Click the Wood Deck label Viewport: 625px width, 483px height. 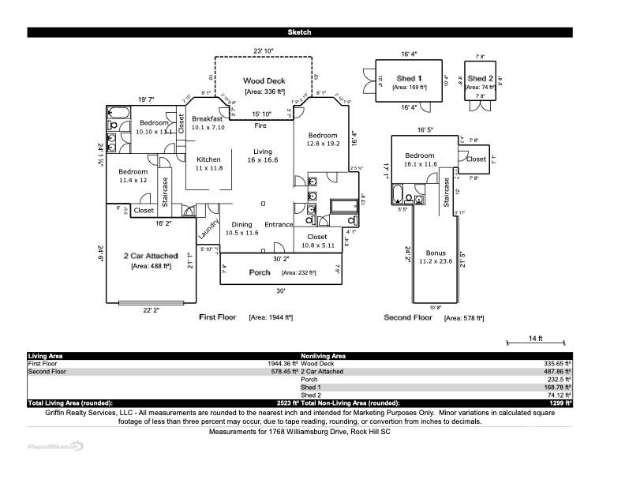(264, 81)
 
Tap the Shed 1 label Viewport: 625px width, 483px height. (409, 78)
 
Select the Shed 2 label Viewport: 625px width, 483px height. (480, 79)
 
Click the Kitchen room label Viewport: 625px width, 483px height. (208, 159)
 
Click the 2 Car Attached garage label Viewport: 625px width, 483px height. (151, 256)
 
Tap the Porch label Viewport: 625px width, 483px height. (260, 272)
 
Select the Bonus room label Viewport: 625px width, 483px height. (436, 253)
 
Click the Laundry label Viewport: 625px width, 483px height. (208, 229)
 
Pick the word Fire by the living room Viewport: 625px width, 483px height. (260, 126)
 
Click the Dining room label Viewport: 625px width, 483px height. (241, 225)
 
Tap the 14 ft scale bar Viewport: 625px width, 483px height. (536, 339)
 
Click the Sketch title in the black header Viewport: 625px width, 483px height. (299, 32)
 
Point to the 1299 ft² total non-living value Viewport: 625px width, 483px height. (560, 402)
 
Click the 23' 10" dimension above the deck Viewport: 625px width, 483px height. (263, 51)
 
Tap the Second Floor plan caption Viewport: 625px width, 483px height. (408, 317)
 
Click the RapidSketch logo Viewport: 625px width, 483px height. (56, 446)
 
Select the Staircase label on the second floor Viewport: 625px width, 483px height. (447, 192)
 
